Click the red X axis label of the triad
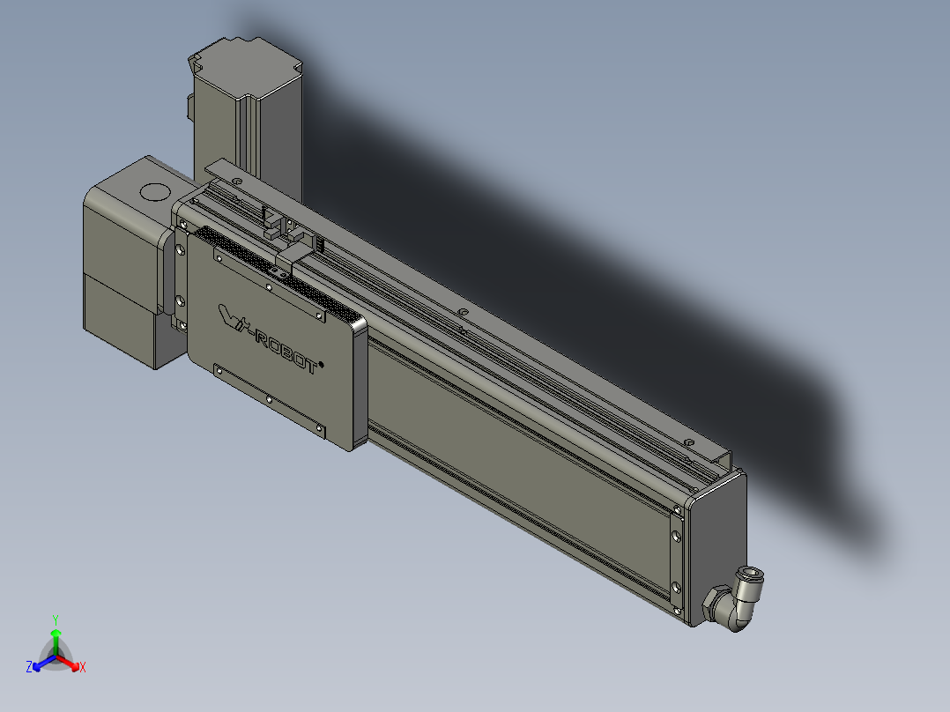(82, 668)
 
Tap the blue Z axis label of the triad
(29, 667)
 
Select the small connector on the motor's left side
(190, 108)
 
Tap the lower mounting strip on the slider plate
(270, 399)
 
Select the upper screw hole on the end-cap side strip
(676, 509)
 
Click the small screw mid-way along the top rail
(461, 312)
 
